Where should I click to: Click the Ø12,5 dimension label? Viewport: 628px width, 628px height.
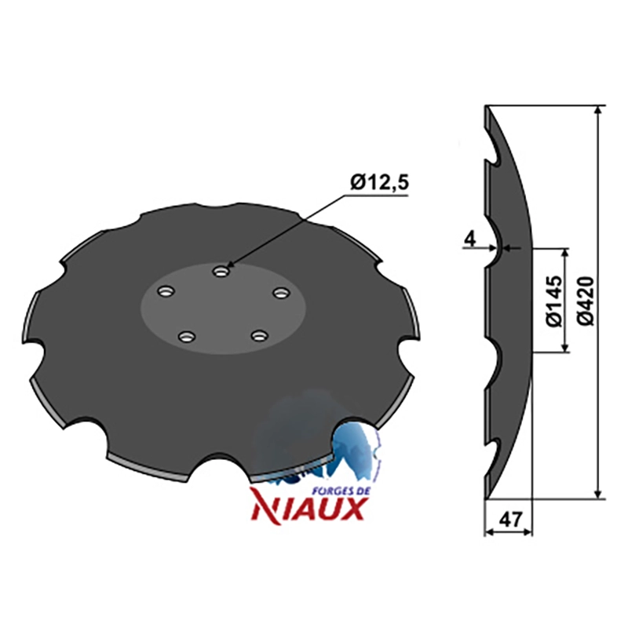click(x=379, y=184)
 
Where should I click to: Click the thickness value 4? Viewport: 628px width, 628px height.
click(x=470, y=239)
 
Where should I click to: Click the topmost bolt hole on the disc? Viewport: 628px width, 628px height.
click(x=220, y=272)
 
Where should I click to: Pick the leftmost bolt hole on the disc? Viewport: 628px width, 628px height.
click(x=166, y=291)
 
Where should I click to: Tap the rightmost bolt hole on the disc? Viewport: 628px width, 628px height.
click(x=280, y=293)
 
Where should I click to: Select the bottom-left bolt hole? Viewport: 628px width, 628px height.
click(x=185, y=337)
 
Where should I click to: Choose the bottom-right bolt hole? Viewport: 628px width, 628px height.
click(x=259, y=335)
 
